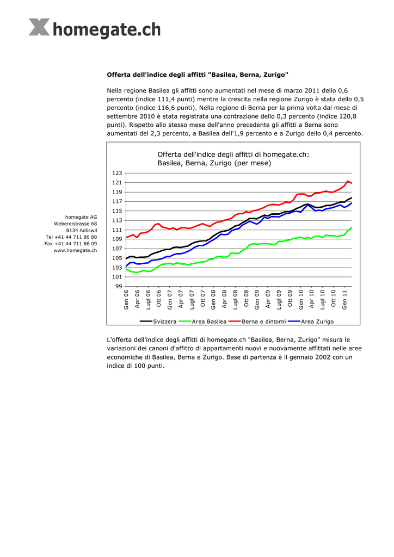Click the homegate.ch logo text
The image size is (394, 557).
pyautogui.click(x=107, y=29)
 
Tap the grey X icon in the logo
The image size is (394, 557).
pyautogui.click(x=39, y=27)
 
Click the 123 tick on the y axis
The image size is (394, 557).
pyautogui.click(x=117, y=173)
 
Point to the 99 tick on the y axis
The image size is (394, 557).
pyautogui.click(x=119, y=286)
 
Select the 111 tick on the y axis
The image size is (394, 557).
pyautogui.click(x=117, y=230)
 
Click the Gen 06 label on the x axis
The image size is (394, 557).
pyautogui.click(x=126, y=300)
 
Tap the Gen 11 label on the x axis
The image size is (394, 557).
pyautogui.click(x=344, y=300)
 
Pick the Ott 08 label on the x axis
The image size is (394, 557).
pyautogui.click(x=246, y=299)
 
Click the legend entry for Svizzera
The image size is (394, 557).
pyautogui.click(x=158, y=321)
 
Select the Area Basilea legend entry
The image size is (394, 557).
pyautogui.click(x=202, y=321)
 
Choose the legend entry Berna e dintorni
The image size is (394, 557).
pyautogui.click(x=257, y=321)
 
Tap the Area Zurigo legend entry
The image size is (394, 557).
pyautogui.click(x=311, y=321)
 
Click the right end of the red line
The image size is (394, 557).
pyautogui.click(x=352, y=183)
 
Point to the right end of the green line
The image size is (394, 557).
pyautogui.click(x=352, y=228)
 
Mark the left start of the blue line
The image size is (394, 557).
pyautogui.click(x=126, y=266)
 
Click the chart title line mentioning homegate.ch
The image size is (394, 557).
pyautogui.click(x=233, y=154)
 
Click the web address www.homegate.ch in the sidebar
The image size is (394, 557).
pyautogui.click(x=75, y=250)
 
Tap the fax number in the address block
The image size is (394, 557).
pyautogui.click(x=71, y=244)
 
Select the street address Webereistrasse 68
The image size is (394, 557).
pyautogui.click(x=75, y=224)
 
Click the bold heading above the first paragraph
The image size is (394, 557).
pyautogui.click(x=198, y=75)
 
